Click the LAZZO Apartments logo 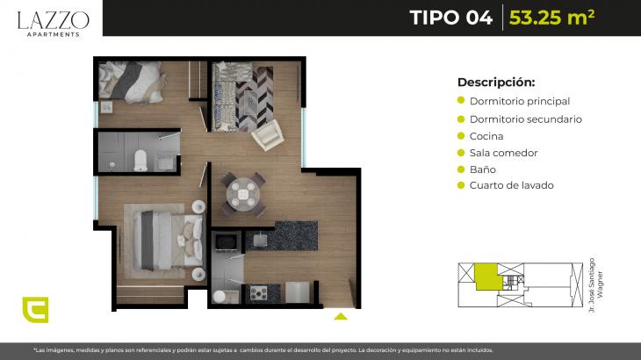click(54, 24)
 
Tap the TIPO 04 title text click(451, 18)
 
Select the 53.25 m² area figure click(552, 18)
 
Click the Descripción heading click(496, 83)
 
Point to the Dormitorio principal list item click(520, 101)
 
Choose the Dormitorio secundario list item click(526, 119)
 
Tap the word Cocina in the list click(486, 136)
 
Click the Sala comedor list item click(504, 153)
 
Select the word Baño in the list click(483, 169)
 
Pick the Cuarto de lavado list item click(511, 185)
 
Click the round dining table click(243, 192)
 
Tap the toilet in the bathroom click(140, 161)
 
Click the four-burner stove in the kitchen click(258, 293)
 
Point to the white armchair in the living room click(268, 135)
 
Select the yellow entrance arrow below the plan click(341, 316)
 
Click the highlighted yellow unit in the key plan click(488, 277)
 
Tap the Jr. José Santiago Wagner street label click(595, 285)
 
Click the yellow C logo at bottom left click(36, 310)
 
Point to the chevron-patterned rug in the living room click(255, 98)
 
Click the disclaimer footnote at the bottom click(263, 350)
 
